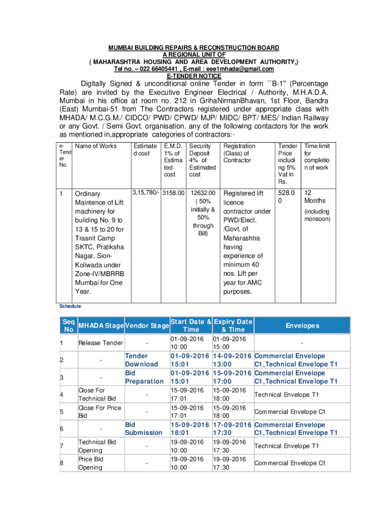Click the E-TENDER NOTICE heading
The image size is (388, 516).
tap(193, 76)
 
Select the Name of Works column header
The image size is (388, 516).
tap(95, 146)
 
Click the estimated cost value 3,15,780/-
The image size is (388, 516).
tap(146, 192)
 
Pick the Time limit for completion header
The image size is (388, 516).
tap(316, 157)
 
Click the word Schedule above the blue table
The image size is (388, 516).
tap(70, 306)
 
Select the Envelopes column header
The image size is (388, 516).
tap(302, 326)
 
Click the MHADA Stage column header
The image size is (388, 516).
tap(101, 326)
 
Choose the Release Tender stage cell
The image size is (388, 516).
tap(101, 343)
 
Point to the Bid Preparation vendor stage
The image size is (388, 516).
tap(144, 377)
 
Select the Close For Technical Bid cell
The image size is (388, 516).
tap(97, 395)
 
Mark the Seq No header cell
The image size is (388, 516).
tap(68, 326)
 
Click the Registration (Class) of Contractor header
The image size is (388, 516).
tap(239, 153)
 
